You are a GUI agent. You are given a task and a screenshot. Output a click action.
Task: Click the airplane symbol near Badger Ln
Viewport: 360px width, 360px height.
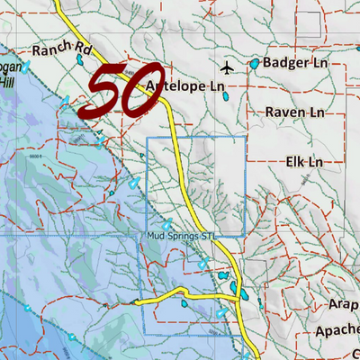pyautogui.click(x=226, y=67)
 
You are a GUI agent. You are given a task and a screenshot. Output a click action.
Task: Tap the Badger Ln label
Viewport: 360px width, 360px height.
pyautogui.click(x=294, y=63)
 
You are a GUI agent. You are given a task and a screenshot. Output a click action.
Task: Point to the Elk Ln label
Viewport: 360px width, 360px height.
pyautogui.click(x=303, y=161)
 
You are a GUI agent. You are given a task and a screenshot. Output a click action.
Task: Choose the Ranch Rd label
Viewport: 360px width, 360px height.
pyautogui.click(x=61, y=49)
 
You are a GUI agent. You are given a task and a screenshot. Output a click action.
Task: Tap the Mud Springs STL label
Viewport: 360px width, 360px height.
pyautogui.click(x=184, y=237)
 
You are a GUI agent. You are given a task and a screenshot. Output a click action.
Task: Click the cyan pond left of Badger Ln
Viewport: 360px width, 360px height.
pyautogui.click(x=255, y=64)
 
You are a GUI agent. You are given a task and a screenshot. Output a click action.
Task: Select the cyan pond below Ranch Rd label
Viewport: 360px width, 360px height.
pyautogui.click(x=79, y=61)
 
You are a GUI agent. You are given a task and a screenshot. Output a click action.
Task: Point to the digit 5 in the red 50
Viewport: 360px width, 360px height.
pyautogui.click(x=102, y=93)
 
